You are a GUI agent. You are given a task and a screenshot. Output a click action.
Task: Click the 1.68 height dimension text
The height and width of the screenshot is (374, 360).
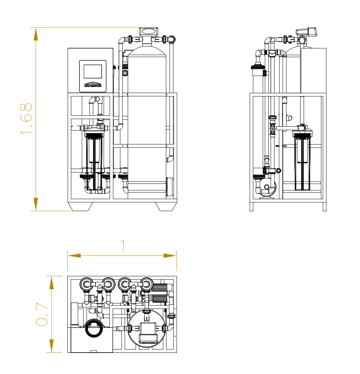pos(26,118)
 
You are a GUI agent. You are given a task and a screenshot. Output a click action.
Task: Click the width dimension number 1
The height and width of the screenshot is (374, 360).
pos(123,246)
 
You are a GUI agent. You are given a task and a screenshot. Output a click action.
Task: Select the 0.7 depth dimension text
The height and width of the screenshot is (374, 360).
pos(42,314)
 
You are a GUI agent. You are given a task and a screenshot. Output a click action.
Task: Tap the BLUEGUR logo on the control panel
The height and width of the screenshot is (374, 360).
pos(93,85)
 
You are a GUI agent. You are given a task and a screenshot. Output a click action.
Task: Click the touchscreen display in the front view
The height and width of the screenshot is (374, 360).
pos(93,71)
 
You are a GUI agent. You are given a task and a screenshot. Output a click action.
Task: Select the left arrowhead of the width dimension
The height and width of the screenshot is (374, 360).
pos(74,256)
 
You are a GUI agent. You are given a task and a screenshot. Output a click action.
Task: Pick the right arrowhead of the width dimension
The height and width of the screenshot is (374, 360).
pos(170,256)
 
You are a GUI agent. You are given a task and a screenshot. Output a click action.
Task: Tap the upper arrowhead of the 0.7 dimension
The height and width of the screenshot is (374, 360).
pos(51,283)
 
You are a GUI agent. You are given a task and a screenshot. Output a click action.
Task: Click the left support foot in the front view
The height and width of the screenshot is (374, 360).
pos(81,206)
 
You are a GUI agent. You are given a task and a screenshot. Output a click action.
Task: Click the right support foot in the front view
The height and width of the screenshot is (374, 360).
pos(166,206)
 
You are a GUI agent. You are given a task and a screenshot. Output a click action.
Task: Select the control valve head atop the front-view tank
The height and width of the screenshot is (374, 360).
pos(149,31)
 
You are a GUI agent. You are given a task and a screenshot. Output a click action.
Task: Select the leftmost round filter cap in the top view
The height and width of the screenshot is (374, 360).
pos(87,284)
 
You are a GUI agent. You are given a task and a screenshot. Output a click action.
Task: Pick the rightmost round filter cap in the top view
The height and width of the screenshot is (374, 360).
pos(145,284)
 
